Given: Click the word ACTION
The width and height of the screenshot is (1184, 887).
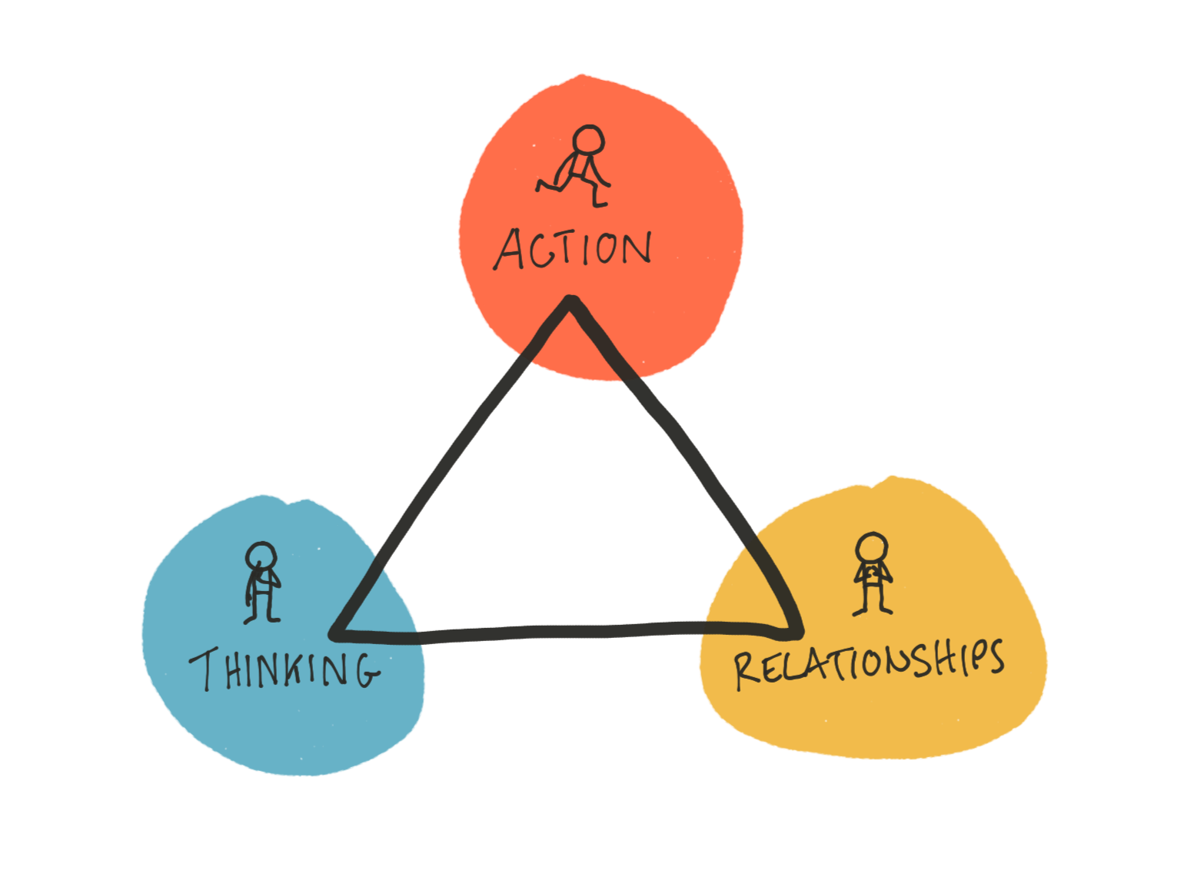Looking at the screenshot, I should [x=573, y=250].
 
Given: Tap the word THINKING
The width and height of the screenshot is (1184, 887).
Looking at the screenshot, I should [x=284, y=668].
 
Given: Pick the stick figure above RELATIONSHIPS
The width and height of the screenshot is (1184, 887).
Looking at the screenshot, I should [x=873, y=573].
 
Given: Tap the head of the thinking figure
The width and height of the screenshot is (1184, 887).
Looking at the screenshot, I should [x=262, y=556].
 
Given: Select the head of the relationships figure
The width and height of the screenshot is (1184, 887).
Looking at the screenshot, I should [x=873, y=548].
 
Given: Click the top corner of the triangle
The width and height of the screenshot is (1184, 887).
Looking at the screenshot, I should [x=570, y=302].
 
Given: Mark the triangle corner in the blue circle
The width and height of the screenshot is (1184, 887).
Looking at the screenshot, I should [x=338, y=633].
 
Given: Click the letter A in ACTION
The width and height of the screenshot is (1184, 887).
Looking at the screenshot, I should [x=509, y=251].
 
